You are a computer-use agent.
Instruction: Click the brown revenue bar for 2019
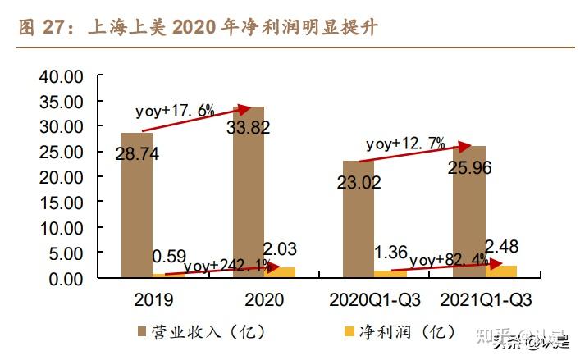136,205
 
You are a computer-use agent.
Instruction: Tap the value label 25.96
469,167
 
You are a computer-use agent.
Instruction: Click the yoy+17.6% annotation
175,110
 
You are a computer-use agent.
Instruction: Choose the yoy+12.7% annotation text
404,144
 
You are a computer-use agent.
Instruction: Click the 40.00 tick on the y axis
62,77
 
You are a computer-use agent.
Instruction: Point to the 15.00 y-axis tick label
62,203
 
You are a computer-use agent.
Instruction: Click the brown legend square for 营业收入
142,332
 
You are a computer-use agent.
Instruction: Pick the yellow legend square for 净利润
348,332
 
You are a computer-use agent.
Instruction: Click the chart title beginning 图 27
197,29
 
